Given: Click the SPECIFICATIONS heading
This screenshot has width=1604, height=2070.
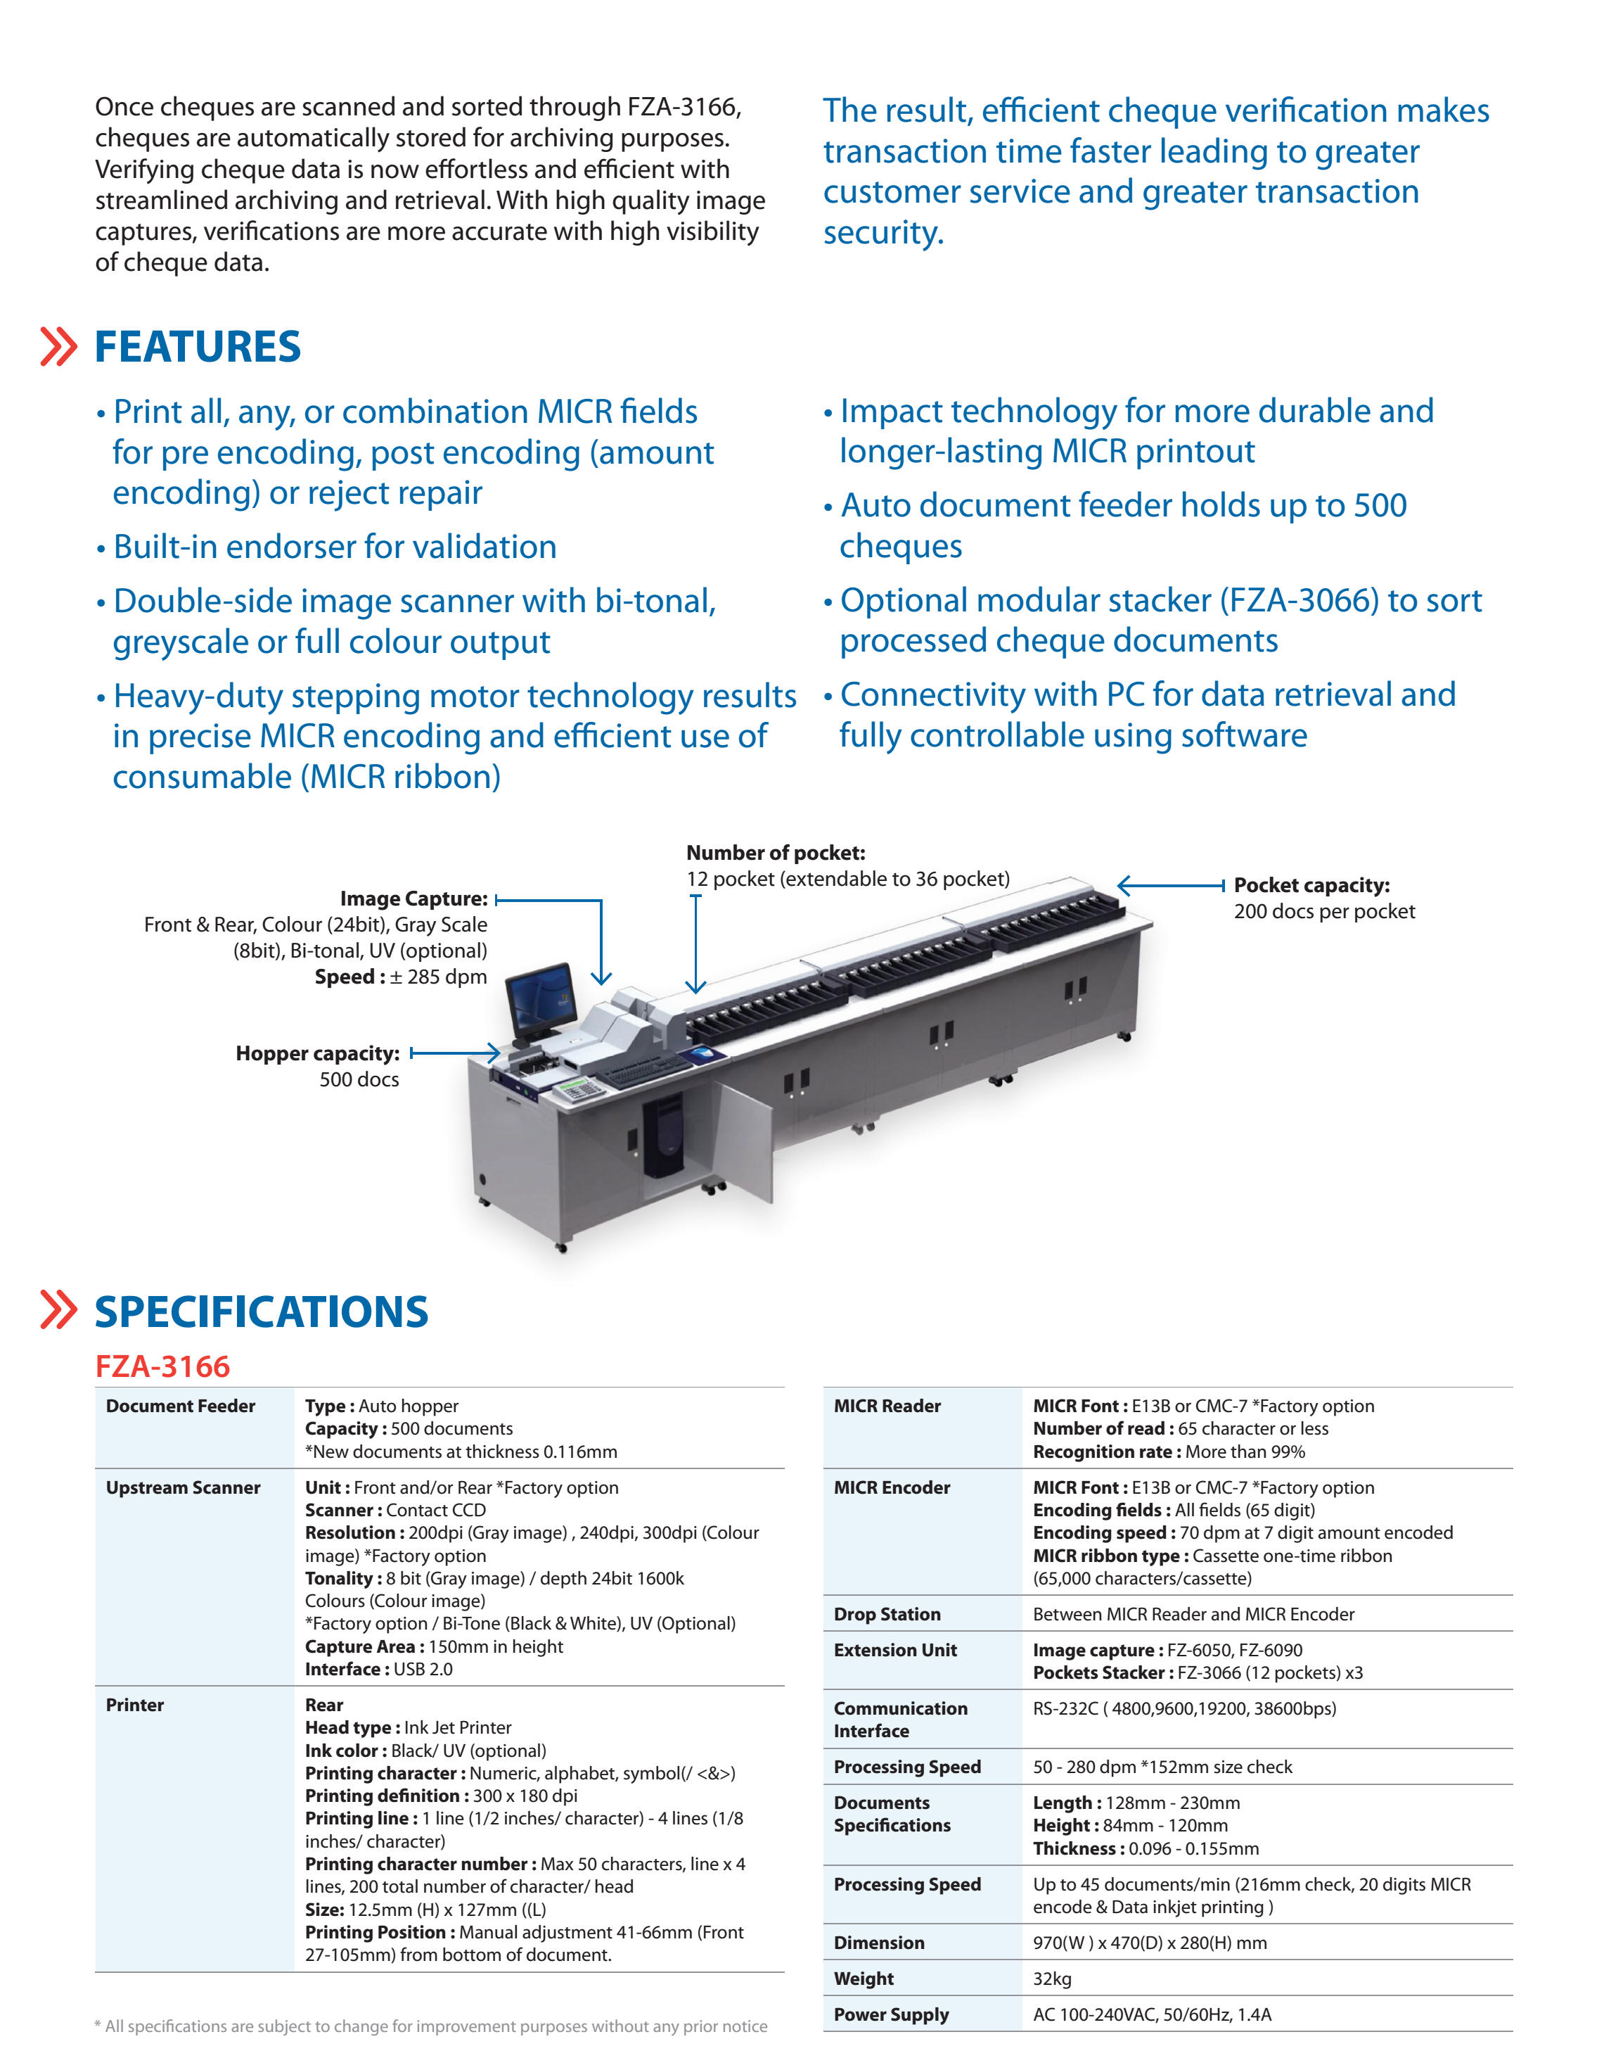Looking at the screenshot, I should click(261, 1313).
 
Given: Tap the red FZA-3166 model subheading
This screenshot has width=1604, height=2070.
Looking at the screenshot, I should click(162, 1366).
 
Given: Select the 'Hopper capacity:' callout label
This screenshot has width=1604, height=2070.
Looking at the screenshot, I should click(317, 1053).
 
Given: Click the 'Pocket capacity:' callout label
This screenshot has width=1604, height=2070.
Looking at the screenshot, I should click(1311, 885).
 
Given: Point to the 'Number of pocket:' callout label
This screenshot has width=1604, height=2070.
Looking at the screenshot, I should click(775, 853).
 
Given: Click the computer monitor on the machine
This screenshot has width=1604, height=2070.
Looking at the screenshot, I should click(541, 999).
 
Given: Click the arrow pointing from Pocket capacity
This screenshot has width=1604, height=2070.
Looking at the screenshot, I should click(1170, 885).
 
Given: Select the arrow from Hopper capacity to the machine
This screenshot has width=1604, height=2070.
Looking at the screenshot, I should click(455, 1052).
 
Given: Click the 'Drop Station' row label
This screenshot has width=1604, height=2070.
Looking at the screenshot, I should click(887, 1614).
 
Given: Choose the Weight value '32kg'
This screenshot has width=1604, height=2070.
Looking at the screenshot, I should click(1052, 1979).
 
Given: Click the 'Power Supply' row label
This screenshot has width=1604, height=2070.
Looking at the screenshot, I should click(890, 2015).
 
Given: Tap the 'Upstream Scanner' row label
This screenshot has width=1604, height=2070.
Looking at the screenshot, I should click(183, 1488).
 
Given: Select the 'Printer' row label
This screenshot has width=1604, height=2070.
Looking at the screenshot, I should click(134, 1705).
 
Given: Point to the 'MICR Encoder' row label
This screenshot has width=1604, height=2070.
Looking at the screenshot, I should click(892, 1488).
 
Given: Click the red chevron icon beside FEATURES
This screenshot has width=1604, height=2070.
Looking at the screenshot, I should click(58, 347).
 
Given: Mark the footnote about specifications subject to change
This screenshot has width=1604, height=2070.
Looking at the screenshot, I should click(431, 2026).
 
